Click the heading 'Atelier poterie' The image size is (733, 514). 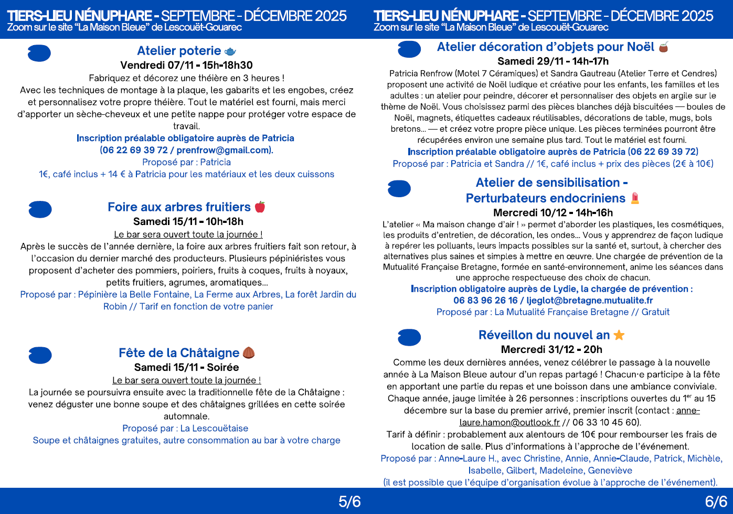click(179, 51)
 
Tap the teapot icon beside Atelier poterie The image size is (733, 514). click(230, 51)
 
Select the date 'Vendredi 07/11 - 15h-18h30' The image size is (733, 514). click(186, 65)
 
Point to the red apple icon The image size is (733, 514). click(260, 207)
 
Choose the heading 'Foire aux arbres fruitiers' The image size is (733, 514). click(179, 207)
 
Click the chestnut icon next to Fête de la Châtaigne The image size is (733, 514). click(249, 353)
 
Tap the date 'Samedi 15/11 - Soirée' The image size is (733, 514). click(186, 367)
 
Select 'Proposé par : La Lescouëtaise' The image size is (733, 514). click(185, 428)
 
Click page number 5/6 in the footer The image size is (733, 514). click(349, 502)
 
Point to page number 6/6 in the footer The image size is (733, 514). click(716, 502)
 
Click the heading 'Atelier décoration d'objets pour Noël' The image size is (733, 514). click(545, 47)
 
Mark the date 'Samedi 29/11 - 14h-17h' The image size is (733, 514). click(553, 61)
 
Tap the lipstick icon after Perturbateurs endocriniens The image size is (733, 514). click(635, 198)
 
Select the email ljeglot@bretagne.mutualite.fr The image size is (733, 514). click(590, 301)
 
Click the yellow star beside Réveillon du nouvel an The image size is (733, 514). click(619, 335)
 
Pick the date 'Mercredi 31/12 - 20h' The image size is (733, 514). click(551, 349)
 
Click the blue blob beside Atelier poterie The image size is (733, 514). click(39, 53)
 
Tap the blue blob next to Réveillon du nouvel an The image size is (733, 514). click(409, 337)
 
